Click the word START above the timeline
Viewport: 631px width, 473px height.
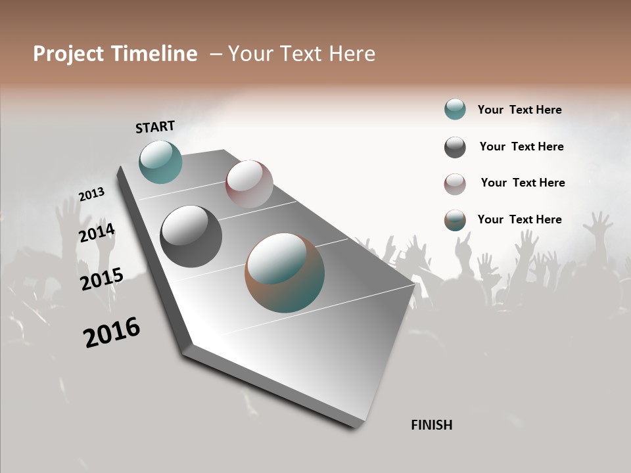point(155,127)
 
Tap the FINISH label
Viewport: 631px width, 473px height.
point(431,425)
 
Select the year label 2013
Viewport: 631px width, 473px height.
point(91,194)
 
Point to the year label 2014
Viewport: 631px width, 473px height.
point(97,233)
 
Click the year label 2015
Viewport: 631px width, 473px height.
point(102,279)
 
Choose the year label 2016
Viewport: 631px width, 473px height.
point(112,332)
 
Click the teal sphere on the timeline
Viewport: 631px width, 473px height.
point(160,162)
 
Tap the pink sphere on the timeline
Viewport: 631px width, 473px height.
point(249,183)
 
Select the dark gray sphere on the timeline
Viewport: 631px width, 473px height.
point(191,236)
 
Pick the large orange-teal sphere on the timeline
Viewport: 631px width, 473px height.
point(285,273)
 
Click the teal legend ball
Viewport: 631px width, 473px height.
point(455,109)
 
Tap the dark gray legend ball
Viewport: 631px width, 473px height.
point(455,147)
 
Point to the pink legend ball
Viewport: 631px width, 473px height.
point(455,184)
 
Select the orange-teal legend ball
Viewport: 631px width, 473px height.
point(455,220)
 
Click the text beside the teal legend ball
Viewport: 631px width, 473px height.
point(519,110)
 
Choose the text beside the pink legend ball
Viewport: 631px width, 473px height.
point(523,183)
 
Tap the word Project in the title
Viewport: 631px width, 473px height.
point(68,54)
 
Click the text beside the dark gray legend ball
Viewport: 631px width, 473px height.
point(521,146)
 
